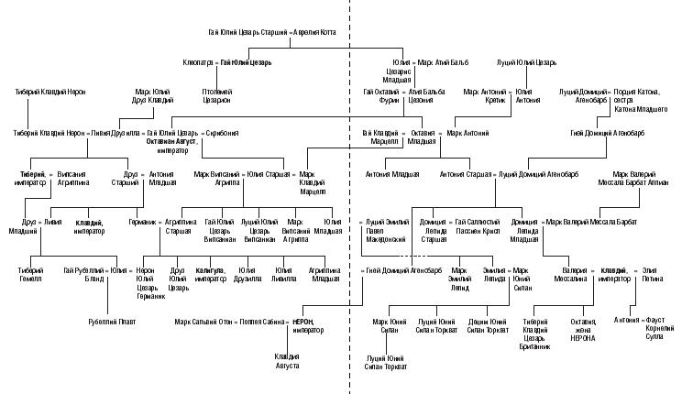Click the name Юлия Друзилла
pos(246,276)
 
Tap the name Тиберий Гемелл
pos(30,276)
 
